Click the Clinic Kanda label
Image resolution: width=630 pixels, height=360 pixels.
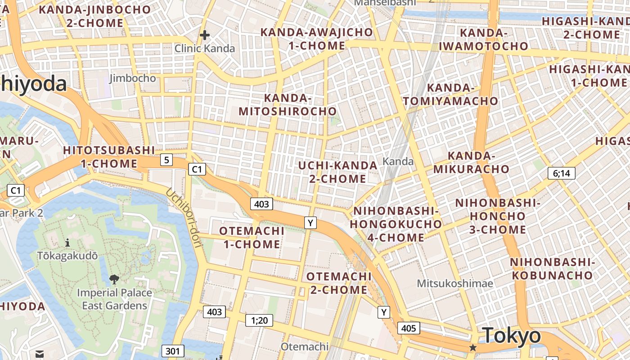click(x=205, y=48)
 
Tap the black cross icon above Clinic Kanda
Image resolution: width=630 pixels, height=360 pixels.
click(x=205, y=35)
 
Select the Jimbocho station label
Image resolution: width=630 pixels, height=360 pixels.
click(x=133, y=78)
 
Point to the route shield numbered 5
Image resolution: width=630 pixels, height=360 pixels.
click(x=167, y=159)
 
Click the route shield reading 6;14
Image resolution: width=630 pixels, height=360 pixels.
click(x=562, y=173)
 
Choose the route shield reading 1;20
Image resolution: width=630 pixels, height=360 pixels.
click(x=259, y=320)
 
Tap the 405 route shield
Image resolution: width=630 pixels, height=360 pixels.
click(x=409, y=328)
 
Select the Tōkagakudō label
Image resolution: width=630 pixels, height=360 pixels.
click(x=67, y=256)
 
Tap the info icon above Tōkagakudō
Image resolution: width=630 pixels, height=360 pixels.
click(x=67, y=243)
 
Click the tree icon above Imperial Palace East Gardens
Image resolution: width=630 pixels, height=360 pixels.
click(x=114, y=279)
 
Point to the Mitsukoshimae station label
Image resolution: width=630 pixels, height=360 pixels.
click(x=455, y=283)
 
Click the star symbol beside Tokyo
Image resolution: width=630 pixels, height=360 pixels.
click(x=473, y=347)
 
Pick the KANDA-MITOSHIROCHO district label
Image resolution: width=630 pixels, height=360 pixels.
click(x=288, y=105)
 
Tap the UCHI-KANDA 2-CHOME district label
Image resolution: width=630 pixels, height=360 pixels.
click(x=337, y=172)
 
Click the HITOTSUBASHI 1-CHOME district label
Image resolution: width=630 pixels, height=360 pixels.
click(x=109, y=157)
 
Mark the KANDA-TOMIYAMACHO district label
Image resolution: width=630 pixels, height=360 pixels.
click(x=450, y=94)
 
